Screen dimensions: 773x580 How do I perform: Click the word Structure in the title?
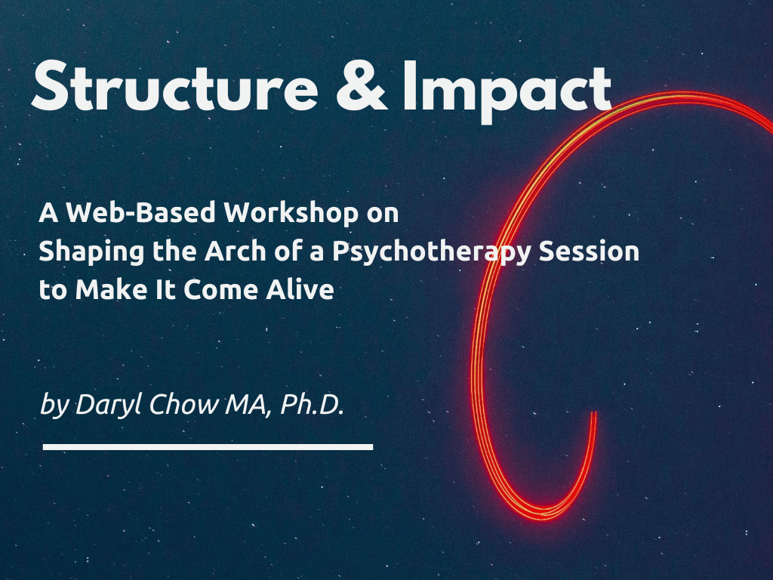click(x=175, y=86)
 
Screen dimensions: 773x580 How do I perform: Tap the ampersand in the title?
click(x=362, y=86)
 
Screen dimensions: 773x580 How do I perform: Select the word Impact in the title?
click(x=507, y=92)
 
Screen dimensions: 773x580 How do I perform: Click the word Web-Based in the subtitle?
click(x=141, y=212)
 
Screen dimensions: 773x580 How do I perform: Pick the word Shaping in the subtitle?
click(x=91, y=252)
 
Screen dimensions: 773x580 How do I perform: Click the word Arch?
click(x=236, y=251)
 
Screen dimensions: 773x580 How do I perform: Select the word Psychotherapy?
click(x=432, y=252)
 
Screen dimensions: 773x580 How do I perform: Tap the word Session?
click(x=589, y=251)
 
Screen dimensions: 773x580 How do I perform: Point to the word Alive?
click(x=300, y=289)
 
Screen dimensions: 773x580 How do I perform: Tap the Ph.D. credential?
click(x=312, y=405)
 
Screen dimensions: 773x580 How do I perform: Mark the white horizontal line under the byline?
click(x=208, y=447)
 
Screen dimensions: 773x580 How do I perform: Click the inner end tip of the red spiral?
click(x=595, y=413)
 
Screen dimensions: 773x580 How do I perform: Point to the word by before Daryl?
click(x=54, y=406)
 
